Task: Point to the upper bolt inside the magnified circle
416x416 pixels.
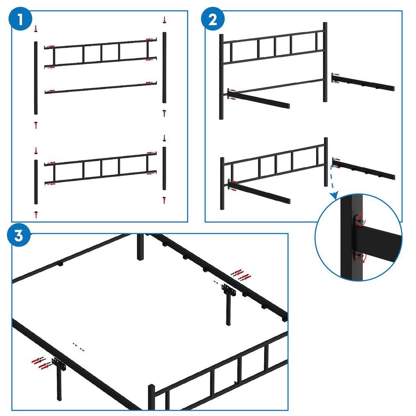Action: tap(359, 220)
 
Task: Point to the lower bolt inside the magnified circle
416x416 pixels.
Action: tap(359, 256)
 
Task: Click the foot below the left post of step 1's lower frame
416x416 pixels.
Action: tap(36, 212)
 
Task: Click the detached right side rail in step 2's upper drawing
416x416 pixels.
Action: tap(364, 82)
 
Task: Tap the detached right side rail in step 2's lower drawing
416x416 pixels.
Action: tap(364, 169)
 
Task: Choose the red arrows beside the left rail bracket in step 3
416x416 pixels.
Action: tap(41, 362)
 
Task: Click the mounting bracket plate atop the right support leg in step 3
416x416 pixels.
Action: tap(228, 290)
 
